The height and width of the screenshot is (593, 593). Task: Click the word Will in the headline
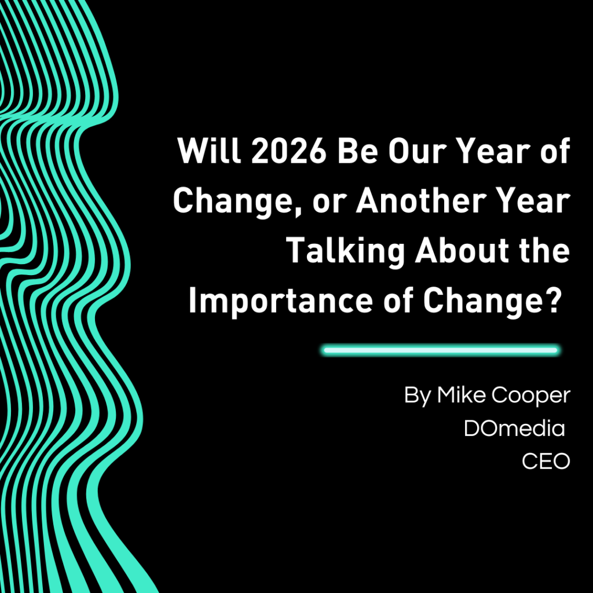tap(209, 151)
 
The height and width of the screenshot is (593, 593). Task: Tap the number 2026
tap(288, 151)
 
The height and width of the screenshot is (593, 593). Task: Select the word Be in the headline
tap(357, 151)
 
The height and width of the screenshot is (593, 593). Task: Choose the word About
tap(462, 251)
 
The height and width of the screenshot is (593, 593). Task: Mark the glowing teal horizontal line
tap(441, 350)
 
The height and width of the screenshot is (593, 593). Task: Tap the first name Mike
tap(462, 395)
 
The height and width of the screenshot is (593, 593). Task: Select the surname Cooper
tap(531, 396)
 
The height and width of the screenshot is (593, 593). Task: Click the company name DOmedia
tap(514, 429)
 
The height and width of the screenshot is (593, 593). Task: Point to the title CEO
tap(546, 462)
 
